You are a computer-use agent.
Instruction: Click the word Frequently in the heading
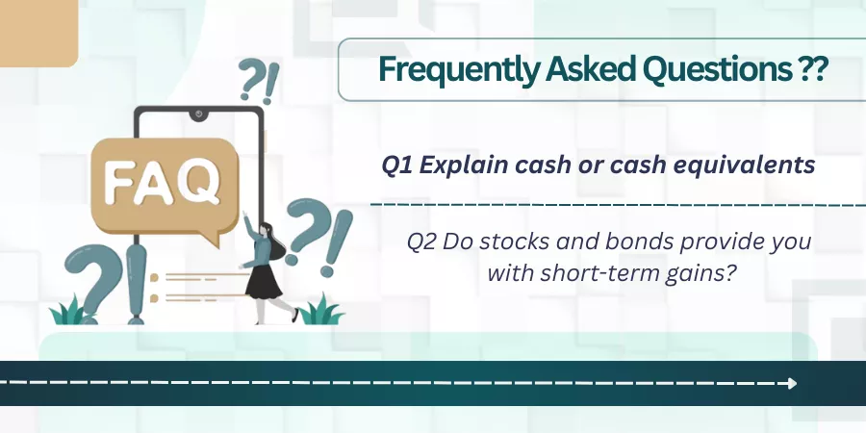[457, 70]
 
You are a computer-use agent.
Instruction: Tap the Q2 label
[421, 242]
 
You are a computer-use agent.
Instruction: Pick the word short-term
[600, 273]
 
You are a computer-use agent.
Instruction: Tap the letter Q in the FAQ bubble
[199, 181]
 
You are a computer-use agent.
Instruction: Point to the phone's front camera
[198, 115]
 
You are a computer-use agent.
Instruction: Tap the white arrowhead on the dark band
[793, 383]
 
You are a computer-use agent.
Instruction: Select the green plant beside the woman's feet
[320, 311]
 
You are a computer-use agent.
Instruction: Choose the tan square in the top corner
[38, 33]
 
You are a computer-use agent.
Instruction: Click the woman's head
[266, 229]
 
